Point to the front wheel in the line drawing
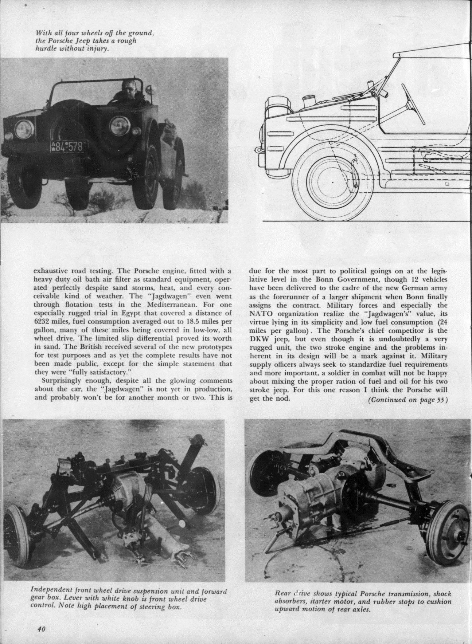333,183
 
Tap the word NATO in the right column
260,314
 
